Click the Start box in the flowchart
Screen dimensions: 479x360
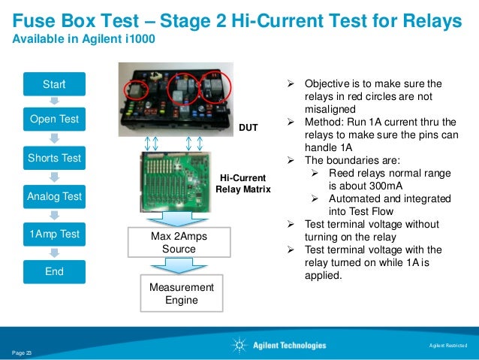[54, 85]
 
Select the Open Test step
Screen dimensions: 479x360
[54, 119]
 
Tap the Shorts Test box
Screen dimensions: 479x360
[54, 158]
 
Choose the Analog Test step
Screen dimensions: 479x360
[54, 196]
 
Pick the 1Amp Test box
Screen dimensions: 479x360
[54, 234]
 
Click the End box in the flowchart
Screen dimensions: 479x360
[54, 271]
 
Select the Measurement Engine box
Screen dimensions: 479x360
[181, 294]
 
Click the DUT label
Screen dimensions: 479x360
[249, 129]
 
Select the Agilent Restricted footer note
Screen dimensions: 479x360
[447, 346]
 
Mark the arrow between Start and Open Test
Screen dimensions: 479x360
[54, 101]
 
